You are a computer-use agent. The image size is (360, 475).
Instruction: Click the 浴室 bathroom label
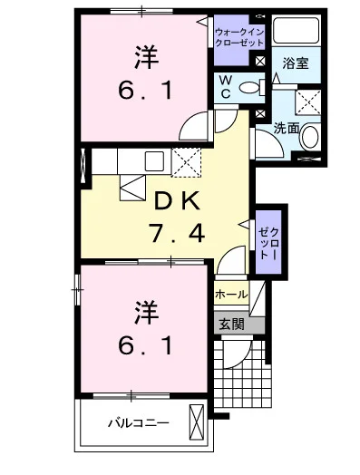[x=295, y=63]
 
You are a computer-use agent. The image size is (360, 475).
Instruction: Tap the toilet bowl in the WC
[x=249, y=88]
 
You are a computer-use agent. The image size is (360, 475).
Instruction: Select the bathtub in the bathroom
[x=296, y=31]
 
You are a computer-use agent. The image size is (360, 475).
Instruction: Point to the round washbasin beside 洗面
[x=310, y=136]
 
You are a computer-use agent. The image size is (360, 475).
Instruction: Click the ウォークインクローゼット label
[x=239, y=36]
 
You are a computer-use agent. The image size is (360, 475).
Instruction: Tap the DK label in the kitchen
[x=177, y=200]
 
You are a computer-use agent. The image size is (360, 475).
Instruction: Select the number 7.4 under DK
[x=177, y=232]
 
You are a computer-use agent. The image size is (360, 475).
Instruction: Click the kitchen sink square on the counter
[x=154, y=160]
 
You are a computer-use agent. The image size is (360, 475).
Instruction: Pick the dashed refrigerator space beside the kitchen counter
[x=187, y=162]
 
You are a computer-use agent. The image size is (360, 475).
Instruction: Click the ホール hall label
[x=231, y=294]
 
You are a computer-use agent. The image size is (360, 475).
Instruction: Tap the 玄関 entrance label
[x=231, y=325]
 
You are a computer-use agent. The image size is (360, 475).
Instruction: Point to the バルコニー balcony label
[x=139, y=423]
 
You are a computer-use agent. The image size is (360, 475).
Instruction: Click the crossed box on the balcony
[x=197, y=422]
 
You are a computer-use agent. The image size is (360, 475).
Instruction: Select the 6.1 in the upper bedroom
[x=146, y=91]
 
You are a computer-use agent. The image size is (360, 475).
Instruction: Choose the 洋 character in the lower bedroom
[x=147, y=312]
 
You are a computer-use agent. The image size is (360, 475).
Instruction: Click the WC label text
[x=226, y=87]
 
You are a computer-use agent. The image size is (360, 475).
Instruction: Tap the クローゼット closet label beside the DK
[x=268, y=243]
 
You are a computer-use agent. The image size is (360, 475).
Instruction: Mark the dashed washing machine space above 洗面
[x=308, y=102]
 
